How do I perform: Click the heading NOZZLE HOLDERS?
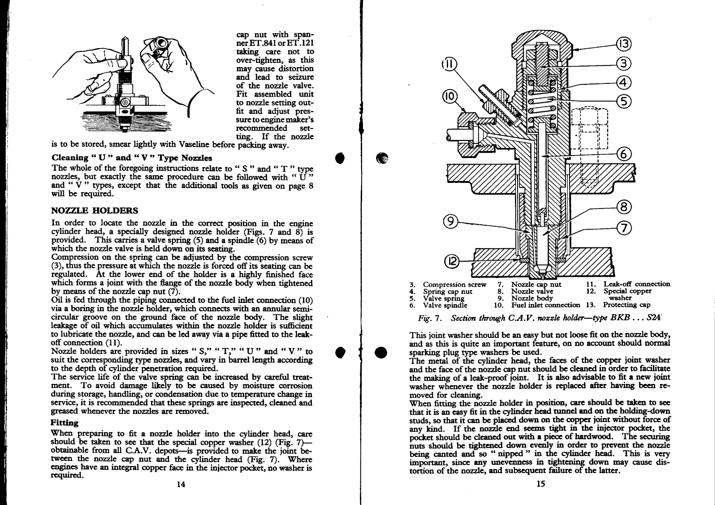95,210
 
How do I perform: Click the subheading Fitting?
65,423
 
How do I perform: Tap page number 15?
540,483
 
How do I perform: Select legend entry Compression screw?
454,285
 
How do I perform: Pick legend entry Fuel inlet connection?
545,305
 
